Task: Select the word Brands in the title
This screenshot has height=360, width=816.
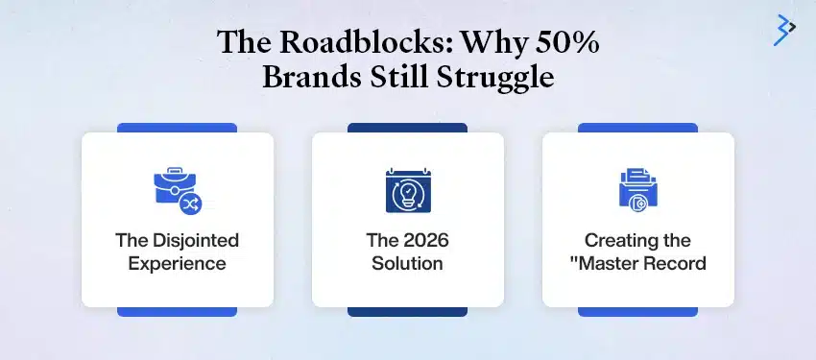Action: point(306,77)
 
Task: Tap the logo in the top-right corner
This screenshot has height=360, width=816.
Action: point(784,30)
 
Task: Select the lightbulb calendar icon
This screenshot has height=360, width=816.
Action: point(407,190)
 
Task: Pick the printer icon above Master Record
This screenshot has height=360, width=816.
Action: point(637,189)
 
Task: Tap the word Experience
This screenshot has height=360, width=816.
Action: point(178,262)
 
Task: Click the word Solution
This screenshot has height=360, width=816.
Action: point(408,262)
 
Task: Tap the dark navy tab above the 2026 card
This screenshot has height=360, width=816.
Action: point(407,127)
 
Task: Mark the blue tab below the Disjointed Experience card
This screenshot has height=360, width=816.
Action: point(177,311)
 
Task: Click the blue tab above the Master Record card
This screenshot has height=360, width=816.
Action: point(637,127)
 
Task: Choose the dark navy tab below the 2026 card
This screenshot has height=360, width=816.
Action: point(407,311)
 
